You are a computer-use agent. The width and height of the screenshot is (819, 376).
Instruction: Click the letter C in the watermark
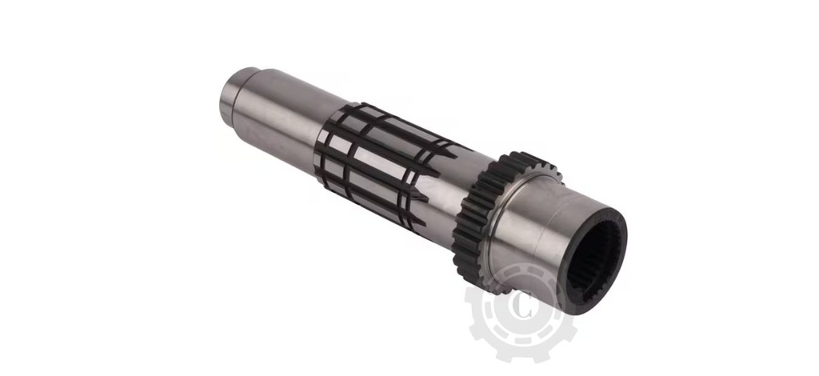pyautogui.click(x=524, y=306)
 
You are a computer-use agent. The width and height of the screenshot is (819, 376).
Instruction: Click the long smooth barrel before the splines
pyautogui.click(x=280, y=120)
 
